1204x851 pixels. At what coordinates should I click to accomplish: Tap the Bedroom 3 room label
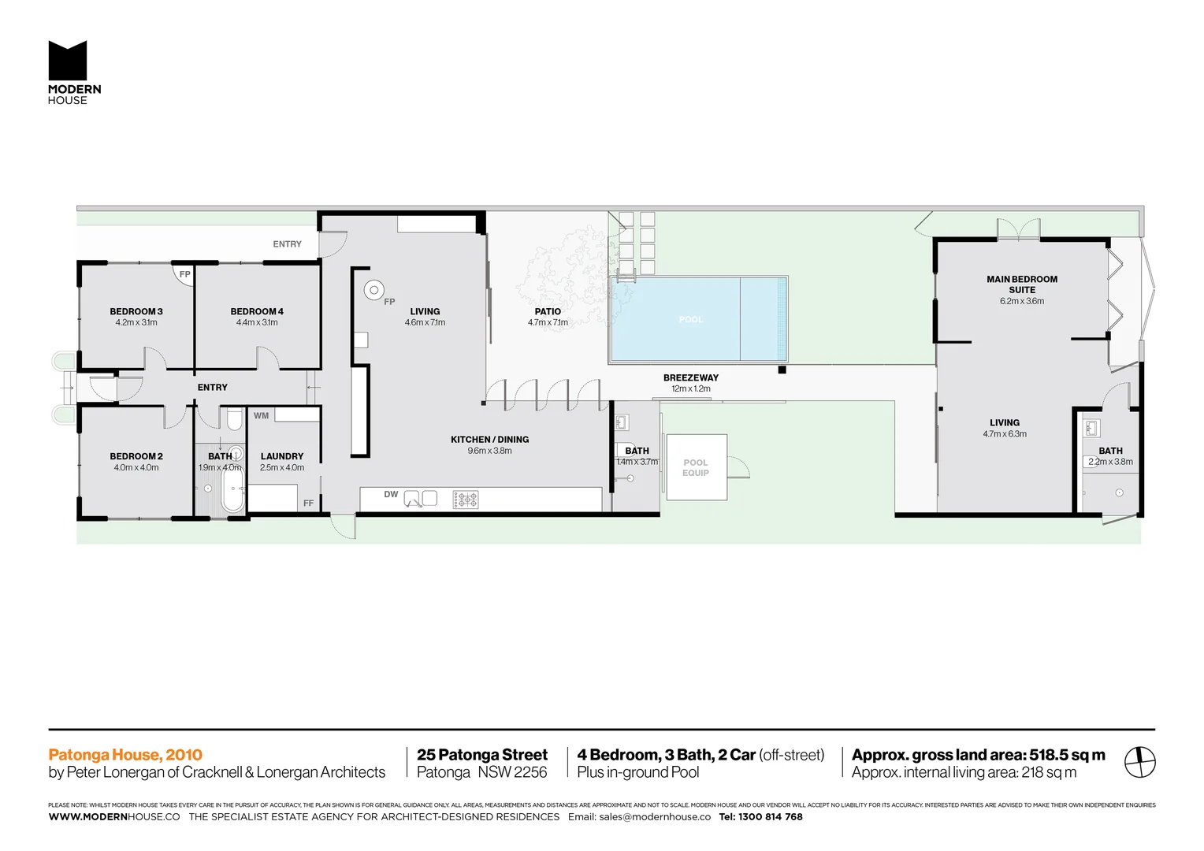pyautogui.click(x=136, y=312)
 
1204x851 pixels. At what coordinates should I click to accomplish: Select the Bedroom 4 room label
pyautogui.click(x=257, y=312)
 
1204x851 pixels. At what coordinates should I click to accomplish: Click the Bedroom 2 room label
pyautogui.click(x=136, y=457)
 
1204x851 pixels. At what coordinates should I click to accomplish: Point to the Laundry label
pyautogui.click(x=282, y=457)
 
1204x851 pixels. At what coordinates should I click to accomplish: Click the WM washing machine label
pyautogui.click(x=262, y=416)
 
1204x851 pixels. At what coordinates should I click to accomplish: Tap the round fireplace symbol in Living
pyautogui.click(x=373, y=290)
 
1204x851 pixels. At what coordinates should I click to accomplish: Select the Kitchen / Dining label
pyautogui.click(x=489, y=440)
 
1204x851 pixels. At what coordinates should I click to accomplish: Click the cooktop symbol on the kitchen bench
pyautogui.click(x=466, y=499)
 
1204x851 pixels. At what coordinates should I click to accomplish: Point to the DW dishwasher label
pyautogui.click(x=391, y=495)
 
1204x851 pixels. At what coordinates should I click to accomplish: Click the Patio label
pyautogui.click(x=548, y=312)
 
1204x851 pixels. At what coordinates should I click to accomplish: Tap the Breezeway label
pyautogui.click(x=690, y=378)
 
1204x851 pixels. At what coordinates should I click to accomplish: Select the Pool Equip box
pyautogui.click(x=696, y=467)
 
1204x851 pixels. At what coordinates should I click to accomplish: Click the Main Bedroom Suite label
pyautogui.click(x=1022, y=284)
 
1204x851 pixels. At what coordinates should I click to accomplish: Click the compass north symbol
pyautogui.click(x=1139, y=763)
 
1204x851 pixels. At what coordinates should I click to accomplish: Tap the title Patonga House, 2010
pyautogui.click(x=125, y=755)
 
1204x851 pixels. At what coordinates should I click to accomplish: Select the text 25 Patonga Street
pyautogui.click(x=481, y=755)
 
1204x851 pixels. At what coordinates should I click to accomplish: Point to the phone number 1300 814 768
pyautogui.click(x=771, y=817)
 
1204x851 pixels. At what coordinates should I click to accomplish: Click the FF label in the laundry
pyautogui.click(x=308, y=503)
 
